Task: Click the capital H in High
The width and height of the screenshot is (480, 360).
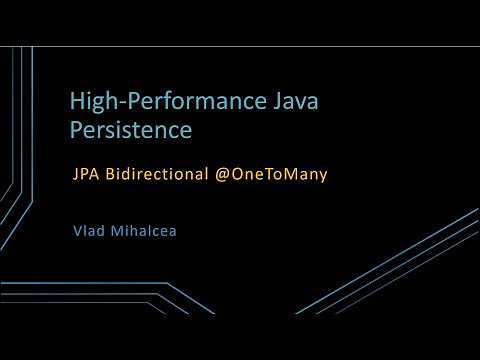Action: click(x=76, y=101)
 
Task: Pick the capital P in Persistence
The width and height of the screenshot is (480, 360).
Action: click(x=76, y=130)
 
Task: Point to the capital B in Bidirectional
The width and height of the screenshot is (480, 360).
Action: click(x=113, y=174)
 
